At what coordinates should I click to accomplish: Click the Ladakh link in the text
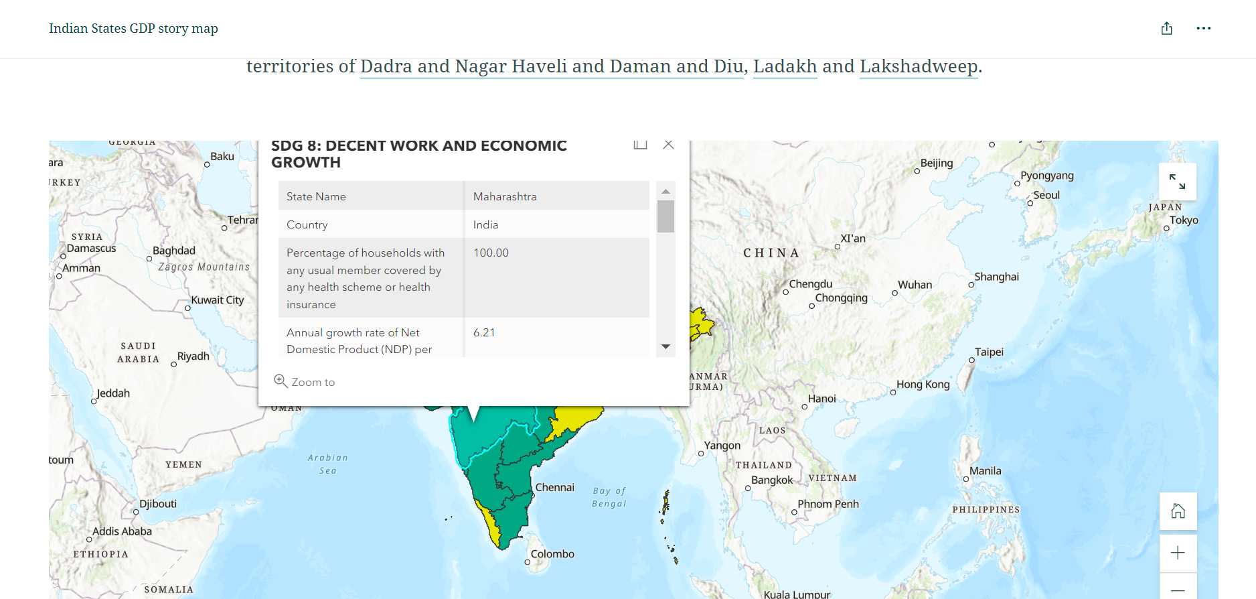[785, 66]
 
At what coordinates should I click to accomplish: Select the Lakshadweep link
[919, 66]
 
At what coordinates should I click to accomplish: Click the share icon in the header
[1166, 28]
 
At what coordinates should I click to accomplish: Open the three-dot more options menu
[1203, 28]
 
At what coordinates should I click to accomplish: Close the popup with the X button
[668, 145]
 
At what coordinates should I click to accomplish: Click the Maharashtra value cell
[505, 196]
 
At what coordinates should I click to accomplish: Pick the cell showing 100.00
[491, 253]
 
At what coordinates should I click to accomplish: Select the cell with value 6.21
[484, 332]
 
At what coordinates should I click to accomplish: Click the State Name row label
[316, 196]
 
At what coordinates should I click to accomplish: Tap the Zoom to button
[305, 382]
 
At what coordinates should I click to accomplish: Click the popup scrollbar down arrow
[665, 346]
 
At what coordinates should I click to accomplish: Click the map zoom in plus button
[1178, 553]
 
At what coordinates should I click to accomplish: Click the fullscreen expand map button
[1177, 182]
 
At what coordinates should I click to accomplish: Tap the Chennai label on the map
[554, 487]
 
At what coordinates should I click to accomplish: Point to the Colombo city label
[552, 554]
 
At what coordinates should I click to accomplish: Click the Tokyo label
[1184, 220]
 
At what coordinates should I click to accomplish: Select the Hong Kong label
[923, 385]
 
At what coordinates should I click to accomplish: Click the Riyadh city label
[193, 356]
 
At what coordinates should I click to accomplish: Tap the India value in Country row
[485, 224]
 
